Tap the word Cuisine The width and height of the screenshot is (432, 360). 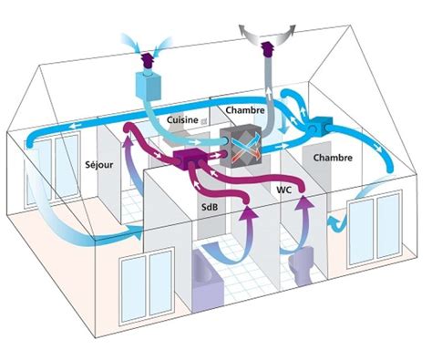(185, 119)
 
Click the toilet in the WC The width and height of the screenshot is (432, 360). (298, 271)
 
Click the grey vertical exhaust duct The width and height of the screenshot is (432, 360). (269, 87)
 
